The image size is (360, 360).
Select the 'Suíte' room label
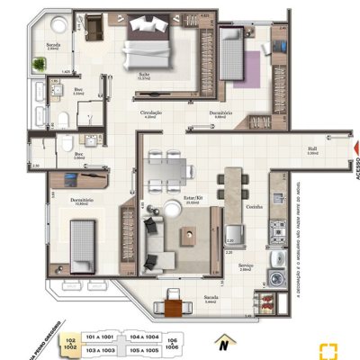click(x=142, y=76)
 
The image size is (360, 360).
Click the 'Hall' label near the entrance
click(x=311, y=149)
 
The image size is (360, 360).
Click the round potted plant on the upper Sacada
click(x=40, y=63)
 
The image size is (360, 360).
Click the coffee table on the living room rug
click(x=189, y=236)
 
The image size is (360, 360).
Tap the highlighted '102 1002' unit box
click(x=70, y=342)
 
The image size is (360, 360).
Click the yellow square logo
click(x=334, y=349)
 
